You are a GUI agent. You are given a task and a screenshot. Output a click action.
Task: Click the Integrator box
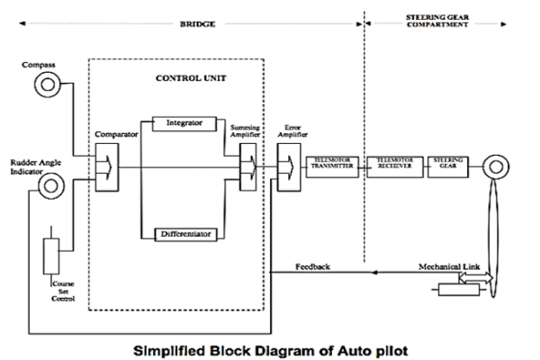click(184, 121)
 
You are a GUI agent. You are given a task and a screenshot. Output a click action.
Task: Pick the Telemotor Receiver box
click(393, 166)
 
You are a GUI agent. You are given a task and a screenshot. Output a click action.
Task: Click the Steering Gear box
click(448, 166)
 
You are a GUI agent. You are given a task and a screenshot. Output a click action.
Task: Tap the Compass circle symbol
click(45, 85)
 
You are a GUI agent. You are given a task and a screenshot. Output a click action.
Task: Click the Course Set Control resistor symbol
click(52, 256)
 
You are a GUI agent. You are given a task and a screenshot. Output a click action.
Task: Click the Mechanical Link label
click(448, 267)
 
